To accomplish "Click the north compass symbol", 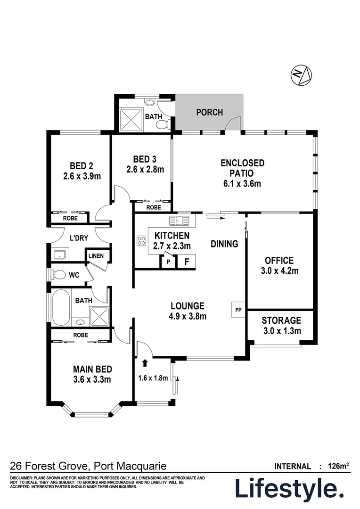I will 302,75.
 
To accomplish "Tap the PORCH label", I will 209,113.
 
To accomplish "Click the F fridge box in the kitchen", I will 186,262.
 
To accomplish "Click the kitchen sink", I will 180,220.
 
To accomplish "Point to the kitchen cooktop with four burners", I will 141,241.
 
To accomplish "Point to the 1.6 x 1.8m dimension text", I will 153,377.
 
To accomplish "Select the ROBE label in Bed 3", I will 153,207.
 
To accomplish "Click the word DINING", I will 224,244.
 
